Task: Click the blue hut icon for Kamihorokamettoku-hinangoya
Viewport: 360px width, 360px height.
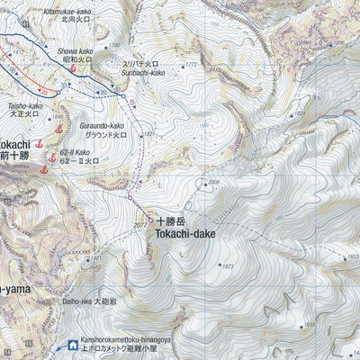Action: pyautogui.click(x=71, y=343)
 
